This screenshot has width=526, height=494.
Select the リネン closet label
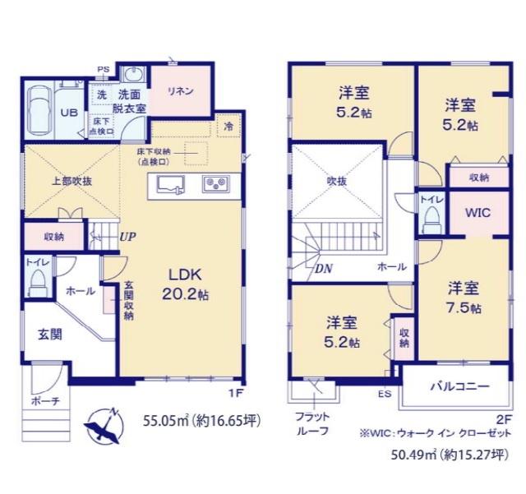pyautogui.click(x=182, y=90)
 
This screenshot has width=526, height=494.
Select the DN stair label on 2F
pyautogui.click(x=324, y=267)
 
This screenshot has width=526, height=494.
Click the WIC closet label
pyautogui.click(x=478, y=212)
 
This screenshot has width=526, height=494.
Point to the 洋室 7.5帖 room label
pyautogui.click(x=464, y=298)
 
